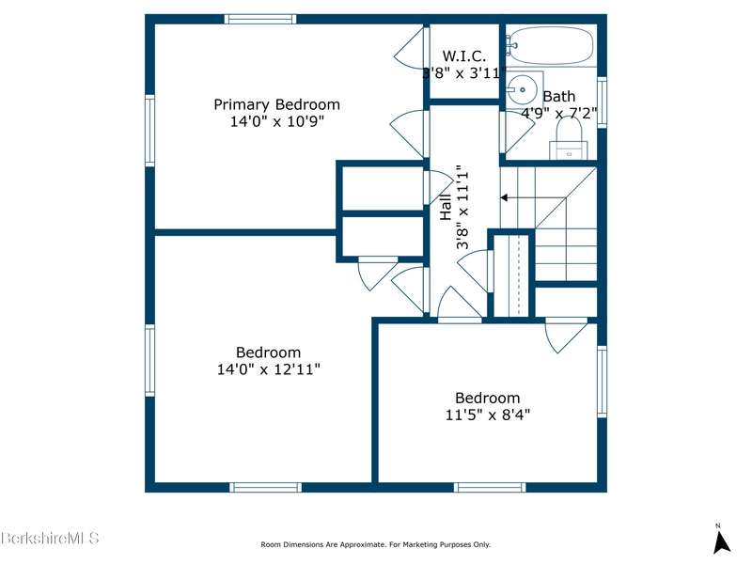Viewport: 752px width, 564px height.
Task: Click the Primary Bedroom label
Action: [276, 104]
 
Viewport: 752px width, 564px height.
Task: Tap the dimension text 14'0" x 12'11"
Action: [269, 369]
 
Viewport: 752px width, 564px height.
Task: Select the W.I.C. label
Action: [463, 56]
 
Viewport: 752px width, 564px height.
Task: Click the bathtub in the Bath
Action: [551, 45]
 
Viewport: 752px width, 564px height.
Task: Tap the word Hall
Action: [446, 207]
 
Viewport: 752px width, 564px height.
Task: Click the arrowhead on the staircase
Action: [504, 197]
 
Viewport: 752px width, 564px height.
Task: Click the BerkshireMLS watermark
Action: [50, 538]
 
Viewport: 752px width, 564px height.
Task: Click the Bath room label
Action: [558, 97]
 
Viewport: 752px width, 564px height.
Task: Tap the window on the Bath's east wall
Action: [602, 102]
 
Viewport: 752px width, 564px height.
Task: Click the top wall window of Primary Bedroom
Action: [260, 19]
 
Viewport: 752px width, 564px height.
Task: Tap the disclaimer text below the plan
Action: [375, 544]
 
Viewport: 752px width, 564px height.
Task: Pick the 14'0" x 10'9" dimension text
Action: [277, 121]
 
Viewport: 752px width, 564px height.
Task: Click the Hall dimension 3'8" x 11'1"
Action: [462, 207]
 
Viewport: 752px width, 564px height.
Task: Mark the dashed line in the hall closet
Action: [518, 275]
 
